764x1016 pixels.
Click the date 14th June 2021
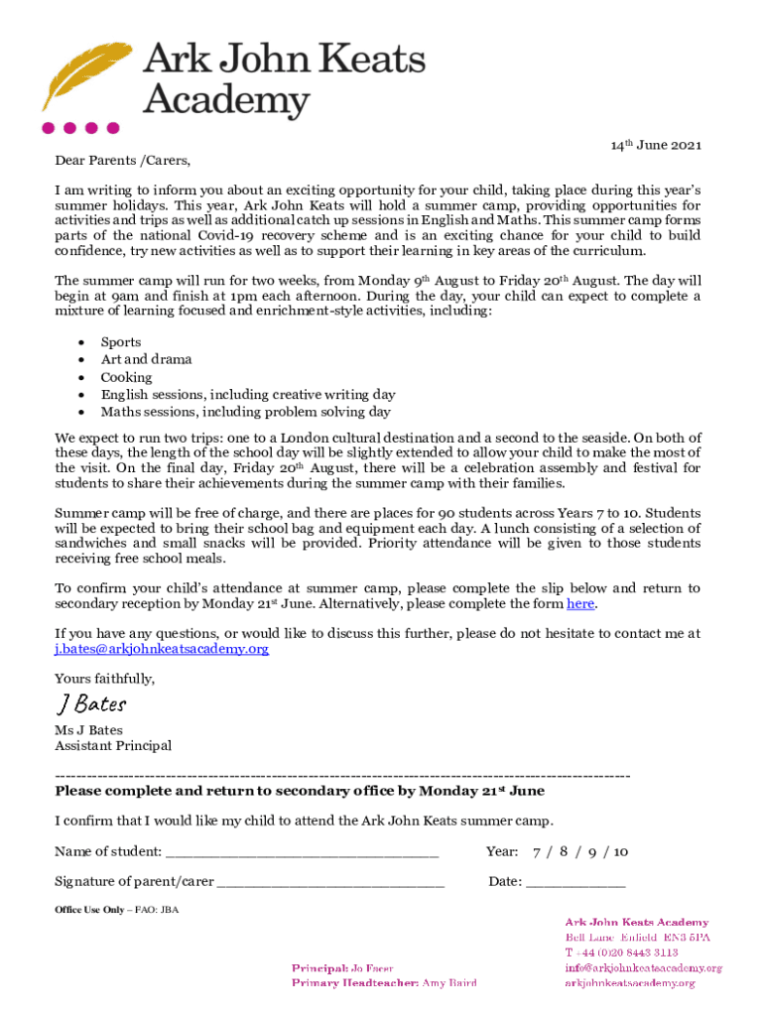click(655, 146)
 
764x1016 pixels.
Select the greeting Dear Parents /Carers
click(122, 160)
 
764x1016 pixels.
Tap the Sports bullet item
click(121, 342)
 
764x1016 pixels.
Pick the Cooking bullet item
click(126, 377)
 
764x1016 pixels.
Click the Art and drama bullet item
click(146, 359)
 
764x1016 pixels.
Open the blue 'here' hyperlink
click(579, 603)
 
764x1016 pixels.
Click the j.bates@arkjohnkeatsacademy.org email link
click(162, 649)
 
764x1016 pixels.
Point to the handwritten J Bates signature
click(90, 704)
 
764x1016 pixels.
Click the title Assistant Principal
click(112, 746)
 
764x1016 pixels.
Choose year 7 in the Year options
click(537, 852)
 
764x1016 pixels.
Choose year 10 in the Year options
click(620, 852)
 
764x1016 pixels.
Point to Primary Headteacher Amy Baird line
click(383, 983)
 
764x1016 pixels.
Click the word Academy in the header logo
click(227, 100)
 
